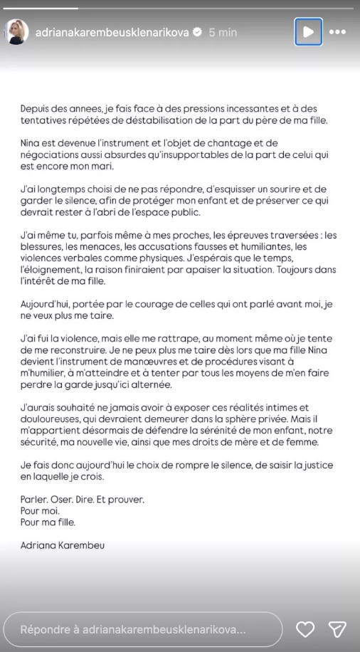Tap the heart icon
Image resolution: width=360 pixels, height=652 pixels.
[x=305, y=629]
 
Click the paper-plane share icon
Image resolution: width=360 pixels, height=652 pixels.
[x=337, y=629]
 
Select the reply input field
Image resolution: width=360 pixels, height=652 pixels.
[x=142, y=629]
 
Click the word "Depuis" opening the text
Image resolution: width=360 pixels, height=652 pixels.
[x=36, y=109]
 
